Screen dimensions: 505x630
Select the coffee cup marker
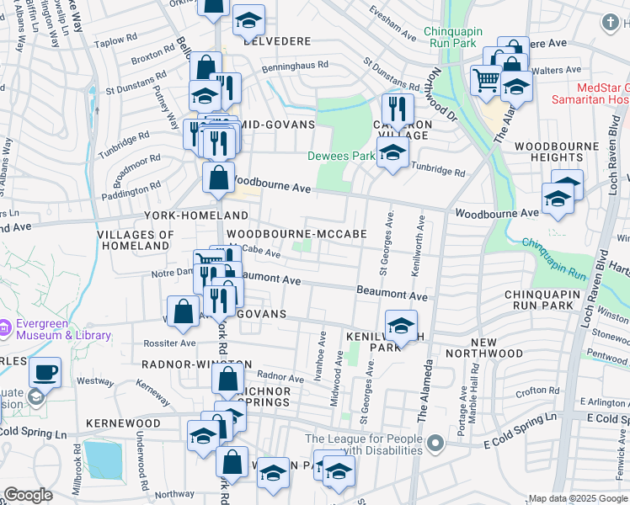pos(45,372)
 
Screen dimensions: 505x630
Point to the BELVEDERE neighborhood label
pos(277,40)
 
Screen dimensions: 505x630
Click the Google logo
pos(28,495)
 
